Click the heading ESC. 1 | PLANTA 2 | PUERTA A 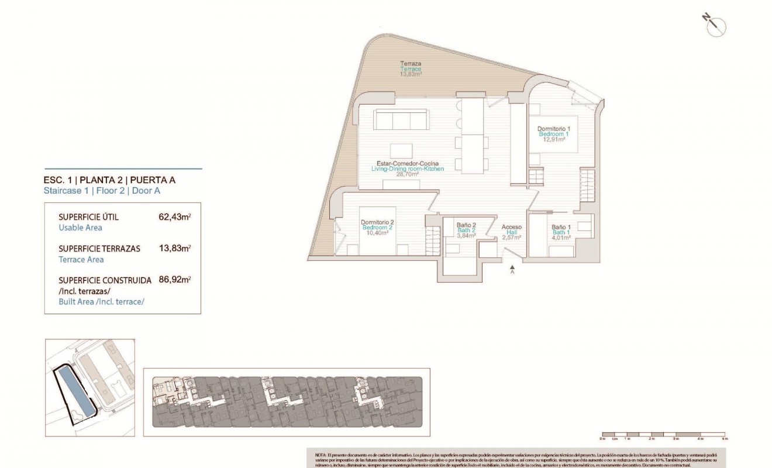[x=109, y=180]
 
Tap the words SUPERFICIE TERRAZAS [x=99, y=248]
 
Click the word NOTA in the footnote [x=320, y=454]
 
